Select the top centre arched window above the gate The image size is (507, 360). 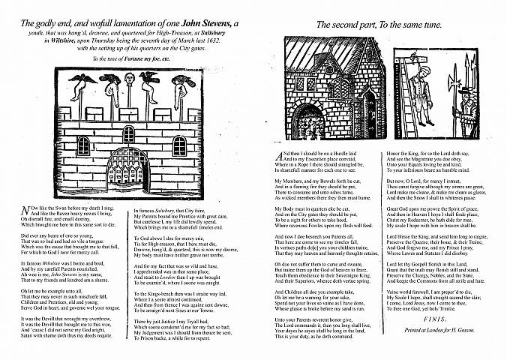tap(129, 135)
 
